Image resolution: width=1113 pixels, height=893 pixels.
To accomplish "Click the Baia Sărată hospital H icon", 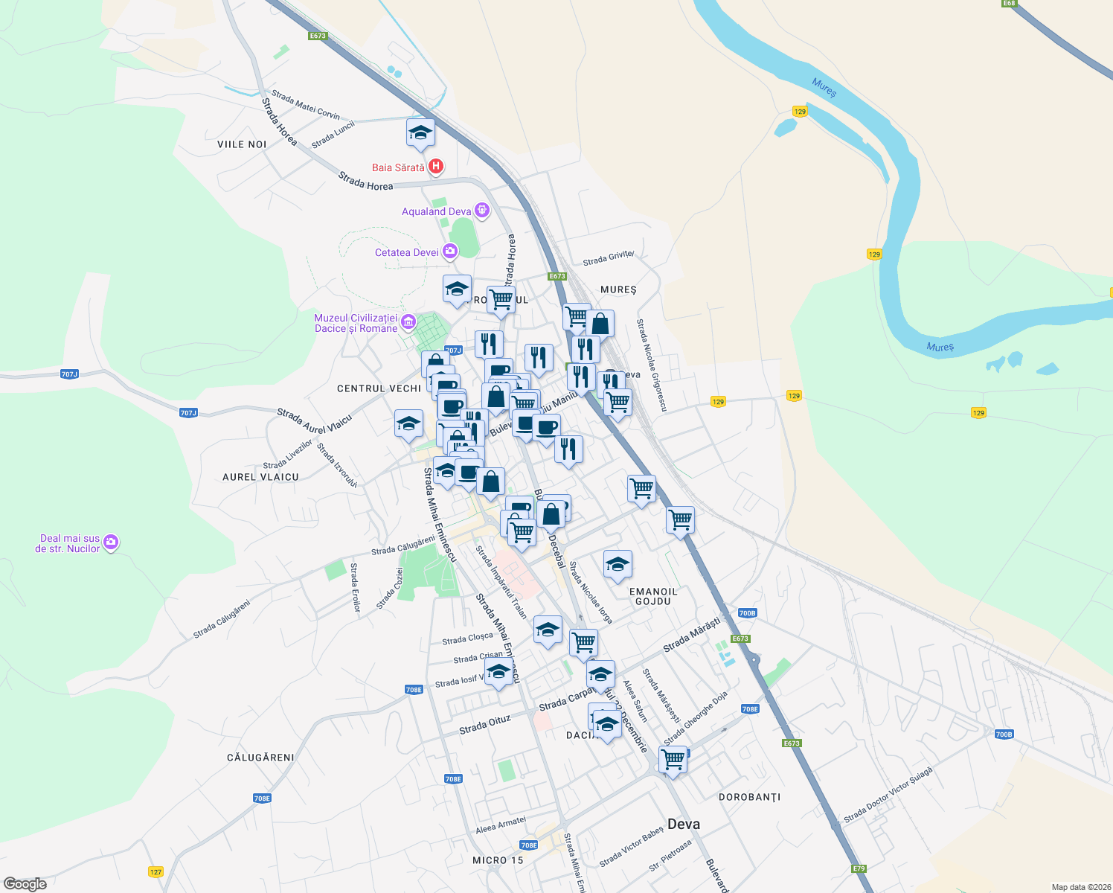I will click(x=436, y=167).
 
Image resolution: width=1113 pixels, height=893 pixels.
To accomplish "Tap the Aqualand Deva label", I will click(x=436, y=211).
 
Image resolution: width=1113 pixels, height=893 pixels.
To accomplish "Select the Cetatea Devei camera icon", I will click(x=449, y=252).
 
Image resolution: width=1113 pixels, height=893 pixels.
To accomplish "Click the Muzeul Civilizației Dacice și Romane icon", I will click(x=408, y=322).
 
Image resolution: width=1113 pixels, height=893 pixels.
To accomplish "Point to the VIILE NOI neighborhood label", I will click(x=242, y=144).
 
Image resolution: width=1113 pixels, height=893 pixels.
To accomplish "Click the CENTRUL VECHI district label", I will click(x=379, y=388).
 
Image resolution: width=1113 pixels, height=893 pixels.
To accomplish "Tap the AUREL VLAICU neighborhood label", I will click(x=260, y=477).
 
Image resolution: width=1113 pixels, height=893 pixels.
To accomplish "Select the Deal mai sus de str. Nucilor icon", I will click(x=111, y=542).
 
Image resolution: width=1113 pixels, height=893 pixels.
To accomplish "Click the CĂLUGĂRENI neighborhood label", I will click(x=260, y=758).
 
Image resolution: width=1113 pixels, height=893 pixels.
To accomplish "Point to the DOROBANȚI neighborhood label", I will click(x=750, y=797).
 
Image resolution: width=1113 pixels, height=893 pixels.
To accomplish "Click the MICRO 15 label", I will click(x=498, y=860).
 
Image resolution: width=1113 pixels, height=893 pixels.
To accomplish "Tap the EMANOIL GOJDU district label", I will click(x=653, y=596).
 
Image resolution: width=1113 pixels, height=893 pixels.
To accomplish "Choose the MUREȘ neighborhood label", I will click(x=618, y=289).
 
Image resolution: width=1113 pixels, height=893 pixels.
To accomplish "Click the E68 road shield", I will click(x=1008, y=4).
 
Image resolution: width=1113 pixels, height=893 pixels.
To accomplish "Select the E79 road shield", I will click(x=859, y=868).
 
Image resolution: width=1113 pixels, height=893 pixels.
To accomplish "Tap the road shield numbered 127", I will click(x=155, y=871).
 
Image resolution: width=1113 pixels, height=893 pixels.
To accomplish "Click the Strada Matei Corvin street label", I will click(x=306, y=105).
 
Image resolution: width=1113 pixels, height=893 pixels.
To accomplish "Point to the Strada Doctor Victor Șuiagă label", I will click(x=888, y=796).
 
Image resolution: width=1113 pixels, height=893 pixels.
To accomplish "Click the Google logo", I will click(x=25, y=884).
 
